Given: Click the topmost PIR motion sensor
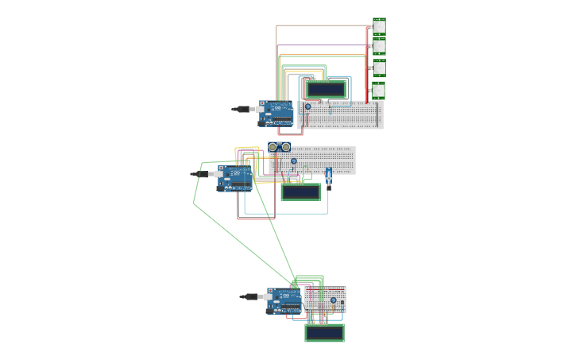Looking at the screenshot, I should (x=379, y=26).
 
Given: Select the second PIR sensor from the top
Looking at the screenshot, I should (x=379, y=47).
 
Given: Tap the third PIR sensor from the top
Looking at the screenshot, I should (x=379, y=68).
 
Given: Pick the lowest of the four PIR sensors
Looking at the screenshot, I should (x=379, y=90).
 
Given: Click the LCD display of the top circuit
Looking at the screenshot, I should (x=327, y=89).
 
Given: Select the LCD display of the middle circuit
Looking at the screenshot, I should (x=301, y=192).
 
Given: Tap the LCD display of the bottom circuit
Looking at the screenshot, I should (x=324, y=333).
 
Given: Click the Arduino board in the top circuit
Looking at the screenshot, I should (x=276, y=114).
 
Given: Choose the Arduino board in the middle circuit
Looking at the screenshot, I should (x=235, y=178).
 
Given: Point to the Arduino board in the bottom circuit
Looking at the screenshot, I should (x=284, y=300).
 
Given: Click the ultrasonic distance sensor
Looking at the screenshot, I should (x=279, y=147).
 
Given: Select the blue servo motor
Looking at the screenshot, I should (x=328, y=176).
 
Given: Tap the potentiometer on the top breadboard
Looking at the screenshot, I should (x=308, y=106).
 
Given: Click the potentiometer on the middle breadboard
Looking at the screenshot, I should (x=294, y=161).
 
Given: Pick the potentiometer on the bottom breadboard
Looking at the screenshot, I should (x=334, y=300).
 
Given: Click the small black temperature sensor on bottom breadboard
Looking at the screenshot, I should (x=342, y=303).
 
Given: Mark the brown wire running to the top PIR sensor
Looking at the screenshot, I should (x=318, y=25).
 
